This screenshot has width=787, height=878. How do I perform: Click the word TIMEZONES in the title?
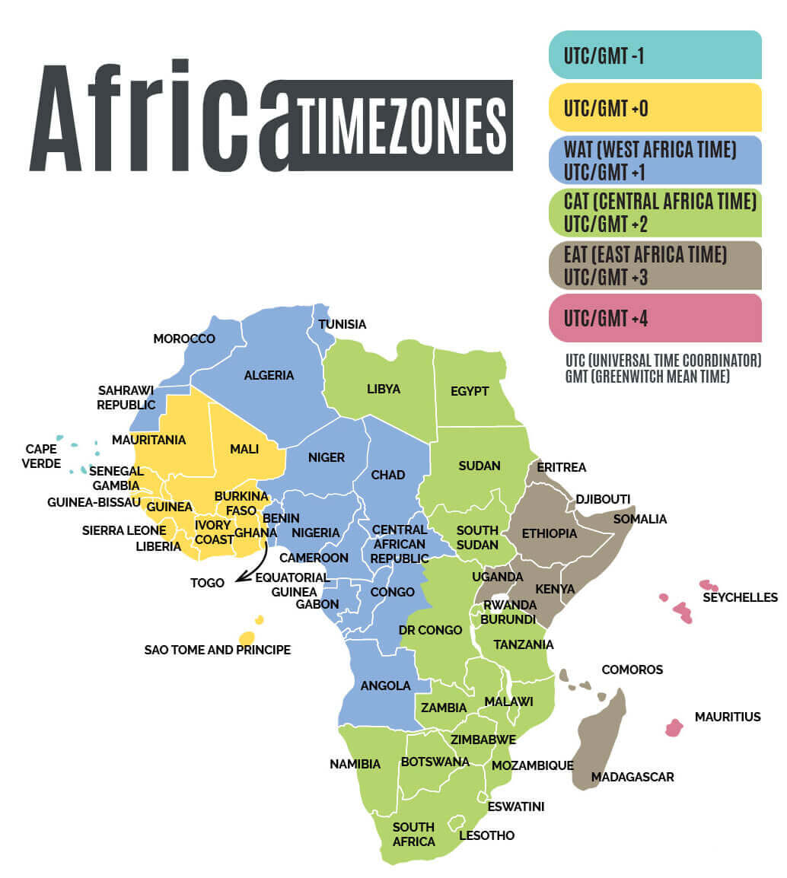[402, 125]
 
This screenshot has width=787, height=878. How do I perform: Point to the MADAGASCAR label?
[632, 777]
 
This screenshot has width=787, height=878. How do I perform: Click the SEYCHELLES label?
[740, 597]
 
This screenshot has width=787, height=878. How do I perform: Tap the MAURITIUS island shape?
[674, 728]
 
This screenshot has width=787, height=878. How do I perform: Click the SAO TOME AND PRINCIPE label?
[218, 650]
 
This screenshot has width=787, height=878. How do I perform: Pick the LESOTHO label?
[486, 835]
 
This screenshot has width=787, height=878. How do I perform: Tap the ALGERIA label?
[269, 375]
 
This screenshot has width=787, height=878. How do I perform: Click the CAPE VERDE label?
[41, 456]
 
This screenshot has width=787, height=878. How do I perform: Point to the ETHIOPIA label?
[550, 533]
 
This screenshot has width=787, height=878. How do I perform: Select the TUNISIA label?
[342, 324]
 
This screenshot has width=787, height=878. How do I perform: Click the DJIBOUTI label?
[603, 498]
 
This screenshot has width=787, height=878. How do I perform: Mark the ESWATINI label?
[516, 806]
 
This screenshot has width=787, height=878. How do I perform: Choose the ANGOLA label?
[385, 686]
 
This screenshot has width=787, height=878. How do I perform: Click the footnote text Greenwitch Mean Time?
[647, 377]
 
